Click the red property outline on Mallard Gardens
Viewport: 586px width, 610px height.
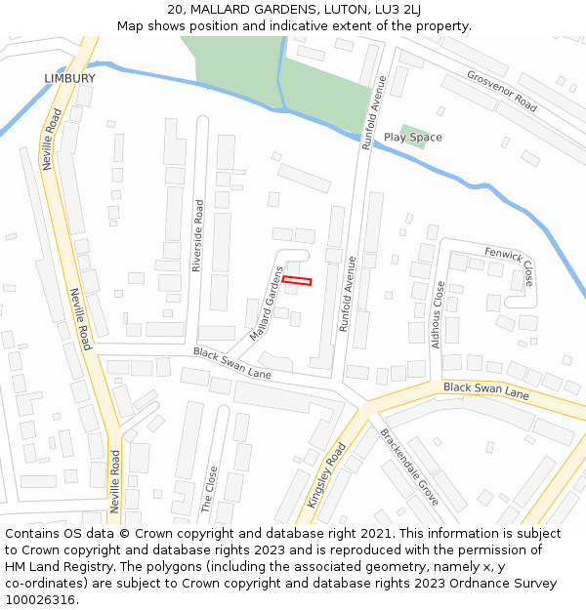[297, 281]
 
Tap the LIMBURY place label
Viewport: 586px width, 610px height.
[70, 78]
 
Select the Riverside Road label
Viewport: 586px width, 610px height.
[198, 235]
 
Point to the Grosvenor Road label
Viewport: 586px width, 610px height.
[502, 90]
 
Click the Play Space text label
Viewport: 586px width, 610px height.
[412, 138]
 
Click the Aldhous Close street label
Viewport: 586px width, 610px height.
[439, 315]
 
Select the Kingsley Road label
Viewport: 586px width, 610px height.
[327, 475]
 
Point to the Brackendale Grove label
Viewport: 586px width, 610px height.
[410, 467]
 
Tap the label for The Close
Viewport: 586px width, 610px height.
[208, 489]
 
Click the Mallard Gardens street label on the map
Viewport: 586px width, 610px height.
[266, 305]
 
